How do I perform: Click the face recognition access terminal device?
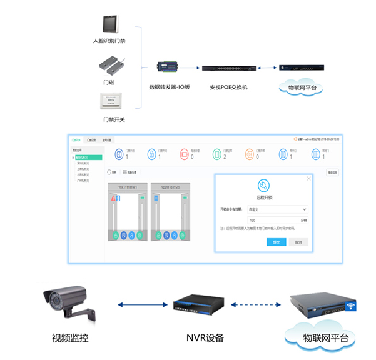pyautogui.click(x=111, y=22)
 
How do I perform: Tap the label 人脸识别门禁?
pyautogui.click(x=110, y=41)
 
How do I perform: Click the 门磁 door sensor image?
pyautogui.click(x=110, y=65)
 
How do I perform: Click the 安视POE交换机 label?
pyautogui.click(x=228, y=87)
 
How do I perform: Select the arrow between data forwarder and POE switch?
pyautogui.click(x=190, y=66)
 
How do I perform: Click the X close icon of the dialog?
pyautogui.click(x=308, y=179)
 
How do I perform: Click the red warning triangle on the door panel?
pyautogui.click(x=114, y=198)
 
